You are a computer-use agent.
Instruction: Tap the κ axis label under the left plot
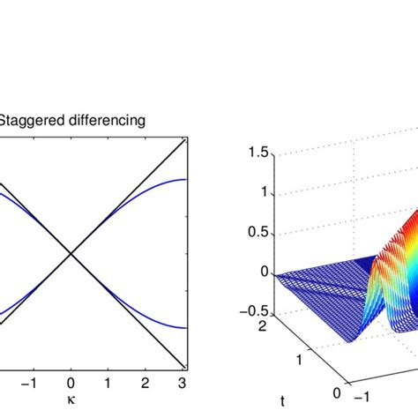coord(71,399)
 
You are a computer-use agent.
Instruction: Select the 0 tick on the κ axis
coord(71,382)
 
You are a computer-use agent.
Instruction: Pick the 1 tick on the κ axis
coord(108,382)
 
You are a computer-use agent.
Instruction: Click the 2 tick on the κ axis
coord(146,382)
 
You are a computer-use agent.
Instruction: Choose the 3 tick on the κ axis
coord(183,382)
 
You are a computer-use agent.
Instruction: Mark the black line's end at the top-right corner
coord(185,140)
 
